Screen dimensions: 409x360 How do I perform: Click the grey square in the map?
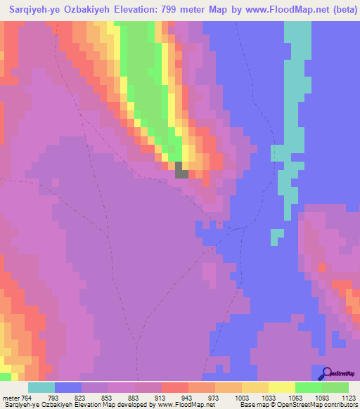pyautogui.click(x=181, y=169)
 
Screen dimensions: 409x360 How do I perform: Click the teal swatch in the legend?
pyautogui.click(x=41, y=387)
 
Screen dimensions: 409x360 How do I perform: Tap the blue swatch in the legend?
pyautogui.click(x=68, y=387)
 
